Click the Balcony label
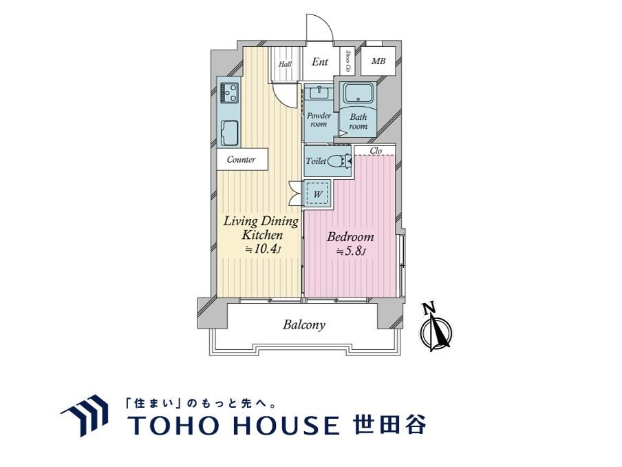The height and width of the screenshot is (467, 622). point(304,325)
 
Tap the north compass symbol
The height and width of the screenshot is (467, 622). point(435,328)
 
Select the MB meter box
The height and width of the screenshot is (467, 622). point(378,61)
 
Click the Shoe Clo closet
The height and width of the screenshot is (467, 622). point(348,61)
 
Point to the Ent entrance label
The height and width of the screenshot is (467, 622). point(320,61)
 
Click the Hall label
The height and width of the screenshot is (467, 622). point(285,64)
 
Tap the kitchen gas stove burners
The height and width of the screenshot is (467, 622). point(230,92)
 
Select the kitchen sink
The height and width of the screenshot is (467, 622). point(230,133)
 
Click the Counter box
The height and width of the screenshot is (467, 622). point(242,159)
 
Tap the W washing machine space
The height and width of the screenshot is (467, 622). point(317,194)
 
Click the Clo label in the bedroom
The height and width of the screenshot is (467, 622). point(376,151)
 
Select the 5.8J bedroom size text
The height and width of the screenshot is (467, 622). point(351,251)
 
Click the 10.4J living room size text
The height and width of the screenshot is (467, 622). point(262,249)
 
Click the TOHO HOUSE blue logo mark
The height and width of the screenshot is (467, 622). point(85,415)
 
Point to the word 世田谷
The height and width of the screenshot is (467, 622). point(389,424)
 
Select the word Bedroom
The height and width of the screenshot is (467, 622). point(350,237)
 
